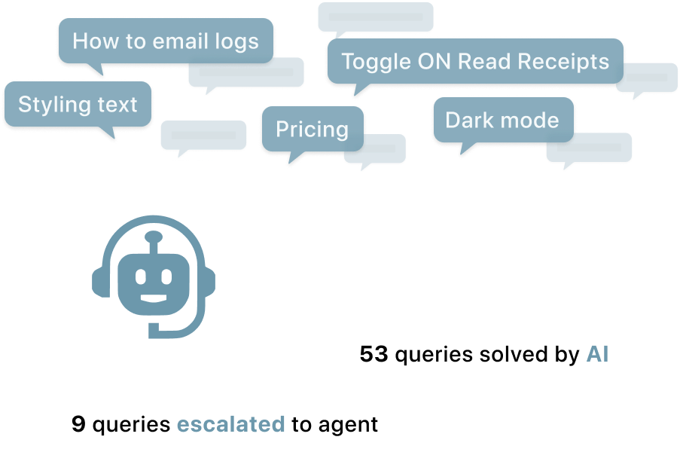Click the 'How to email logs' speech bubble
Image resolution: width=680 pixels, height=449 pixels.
[166, 41]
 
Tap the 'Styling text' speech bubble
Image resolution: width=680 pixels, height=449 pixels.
[78, 104]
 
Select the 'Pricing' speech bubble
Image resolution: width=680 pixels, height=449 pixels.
[312, 130]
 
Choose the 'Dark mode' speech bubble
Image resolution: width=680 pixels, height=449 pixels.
[502, 121]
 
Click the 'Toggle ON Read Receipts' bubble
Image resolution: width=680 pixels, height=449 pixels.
[475, 62]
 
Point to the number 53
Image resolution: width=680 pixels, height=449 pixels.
[374, 353]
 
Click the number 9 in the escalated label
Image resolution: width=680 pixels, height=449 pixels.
[78, 424]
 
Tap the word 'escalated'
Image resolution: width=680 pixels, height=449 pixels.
[230, 424]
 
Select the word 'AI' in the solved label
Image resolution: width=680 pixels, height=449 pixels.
[597, 353]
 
